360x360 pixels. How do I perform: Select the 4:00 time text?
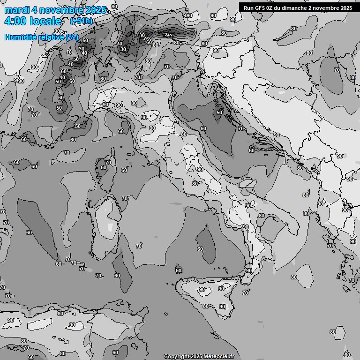tap(15, 21)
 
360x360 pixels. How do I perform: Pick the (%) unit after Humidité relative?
tap(72, 37)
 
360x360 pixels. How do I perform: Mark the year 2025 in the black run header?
tap(345, 8)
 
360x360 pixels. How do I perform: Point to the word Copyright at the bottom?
tap(176, 356)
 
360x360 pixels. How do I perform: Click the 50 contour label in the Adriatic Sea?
tap(219, 112)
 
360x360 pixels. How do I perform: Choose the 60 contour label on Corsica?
tap(104, 167)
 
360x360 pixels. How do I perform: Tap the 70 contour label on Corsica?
tap(108, 163)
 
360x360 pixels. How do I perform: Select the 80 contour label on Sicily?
tap(205, 306)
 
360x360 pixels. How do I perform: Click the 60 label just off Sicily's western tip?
tap(179, 270)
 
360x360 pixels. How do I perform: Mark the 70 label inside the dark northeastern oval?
tap(337, 70)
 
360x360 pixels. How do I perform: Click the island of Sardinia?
tap(104, 225)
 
